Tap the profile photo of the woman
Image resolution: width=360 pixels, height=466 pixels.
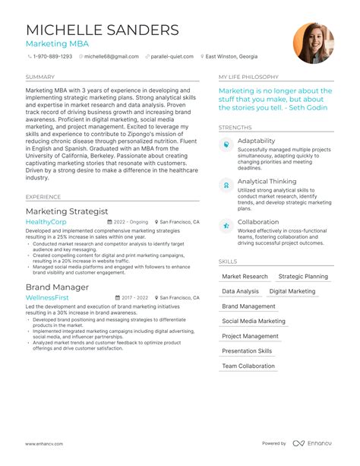pos(313,43)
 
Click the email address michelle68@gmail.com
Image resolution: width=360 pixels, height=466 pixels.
pos(112,56)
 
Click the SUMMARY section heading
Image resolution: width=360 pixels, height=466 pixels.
pos(39,78)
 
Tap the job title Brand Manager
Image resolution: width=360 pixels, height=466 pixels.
pos(58,287)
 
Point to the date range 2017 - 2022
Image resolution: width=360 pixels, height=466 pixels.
pos(134,298)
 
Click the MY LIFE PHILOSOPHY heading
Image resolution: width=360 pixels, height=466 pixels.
pos(248,78)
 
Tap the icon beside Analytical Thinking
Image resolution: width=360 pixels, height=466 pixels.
pos(226,185)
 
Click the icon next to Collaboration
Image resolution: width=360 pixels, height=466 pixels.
pos(226,225)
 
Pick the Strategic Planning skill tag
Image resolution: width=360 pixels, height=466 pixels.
pos(303,277)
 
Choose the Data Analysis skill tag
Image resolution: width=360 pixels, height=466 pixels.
pos(240,292)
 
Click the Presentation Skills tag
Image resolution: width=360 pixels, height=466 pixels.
pos(247,351)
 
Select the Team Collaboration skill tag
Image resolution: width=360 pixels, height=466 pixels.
pos(248,366)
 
